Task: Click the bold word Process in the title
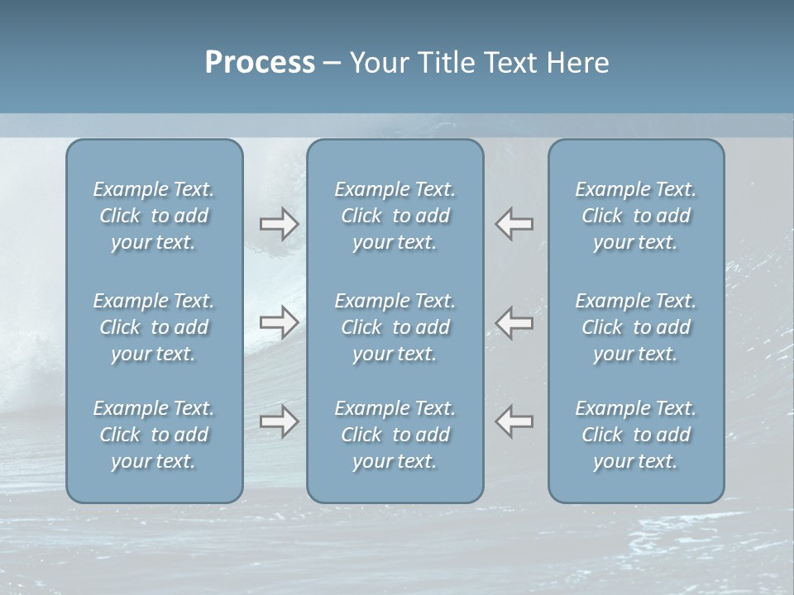(x=260, y=63)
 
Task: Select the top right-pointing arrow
(x=279, y=224)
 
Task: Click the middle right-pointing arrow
(x=279, y=321)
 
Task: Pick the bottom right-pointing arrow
(x=279, y=421)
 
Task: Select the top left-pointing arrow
(x=514, y=224)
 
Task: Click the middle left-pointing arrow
(x=514, y=321)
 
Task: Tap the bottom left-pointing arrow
(x=514, y=421)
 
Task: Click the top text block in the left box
(x=154, y=216)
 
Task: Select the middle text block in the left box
(x=154, y=327)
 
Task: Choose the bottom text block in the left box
(x=154, y=435)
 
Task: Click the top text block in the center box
(x=395, y=216)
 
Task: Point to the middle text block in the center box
(x=395, y=327)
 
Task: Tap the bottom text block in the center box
(x=395, y=435)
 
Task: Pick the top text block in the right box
(x=635, y=216)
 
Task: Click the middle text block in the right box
(x=635, y=327)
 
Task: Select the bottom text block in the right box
(x=635, y=435)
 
